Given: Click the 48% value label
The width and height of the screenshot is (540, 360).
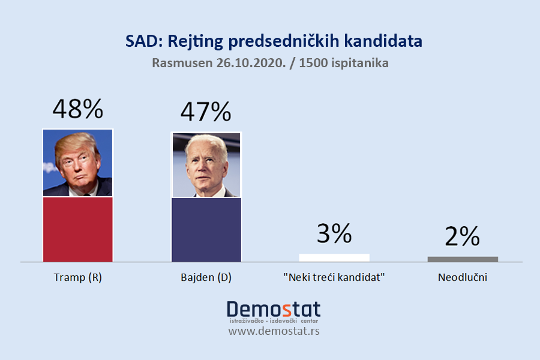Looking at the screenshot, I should [x=78, y=109].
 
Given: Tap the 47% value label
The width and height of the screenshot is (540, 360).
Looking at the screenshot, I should [x=206, y=112].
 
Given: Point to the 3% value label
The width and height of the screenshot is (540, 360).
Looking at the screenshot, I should [x=334, y=233].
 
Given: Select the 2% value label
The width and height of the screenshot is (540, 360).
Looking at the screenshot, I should [x=463, y=237].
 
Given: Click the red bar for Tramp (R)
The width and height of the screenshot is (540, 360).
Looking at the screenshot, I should [x=78, y=229].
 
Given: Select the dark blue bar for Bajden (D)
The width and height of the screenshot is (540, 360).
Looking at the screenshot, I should [x=206, y=229].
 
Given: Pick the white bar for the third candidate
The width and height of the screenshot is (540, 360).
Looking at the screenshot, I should [x=334, y=257].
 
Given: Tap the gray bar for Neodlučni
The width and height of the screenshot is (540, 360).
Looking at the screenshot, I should [x=463, y=259].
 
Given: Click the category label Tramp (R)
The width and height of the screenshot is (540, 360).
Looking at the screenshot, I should [x=78, y=278].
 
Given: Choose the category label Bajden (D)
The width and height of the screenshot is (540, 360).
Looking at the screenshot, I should [x=206, y=278].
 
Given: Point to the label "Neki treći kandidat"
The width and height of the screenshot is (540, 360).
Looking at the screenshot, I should [x=334, y=278].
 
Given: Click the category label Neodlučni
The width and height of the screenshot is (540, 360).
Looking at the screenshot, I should [x=462, y=278].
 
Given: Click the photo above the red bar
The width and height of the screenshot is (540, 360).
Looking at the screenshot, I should [x=78, y=163].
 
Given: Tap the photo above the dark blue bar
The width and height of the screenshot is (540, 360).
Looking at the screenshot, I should [x=206, y=165].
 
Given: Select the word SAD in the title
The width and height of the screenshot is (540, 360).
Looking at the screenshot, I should [x=139, y=41].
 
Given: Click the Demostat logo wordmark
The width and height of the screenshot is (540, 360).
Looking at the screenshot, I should [x=274, y=310].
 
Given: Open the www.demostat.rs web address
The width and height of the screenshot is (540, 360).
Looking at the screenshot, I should [x=274, y=331].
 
